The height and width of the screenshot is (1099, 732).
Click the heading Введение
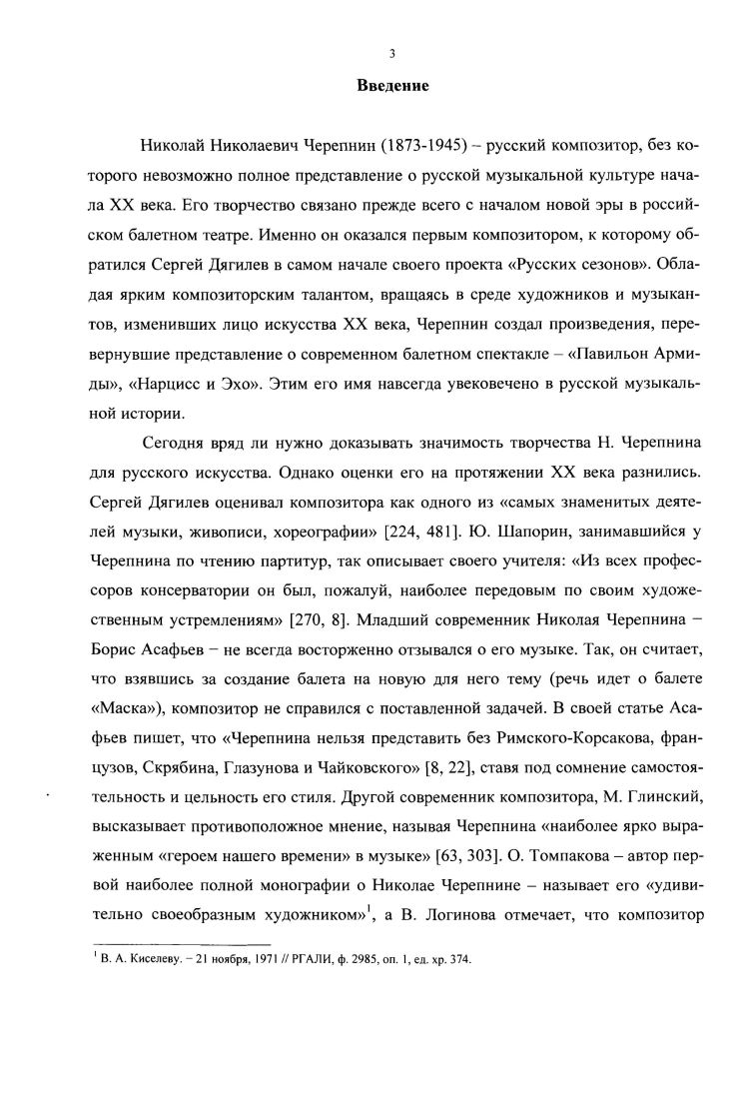[x=392, y=86]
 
